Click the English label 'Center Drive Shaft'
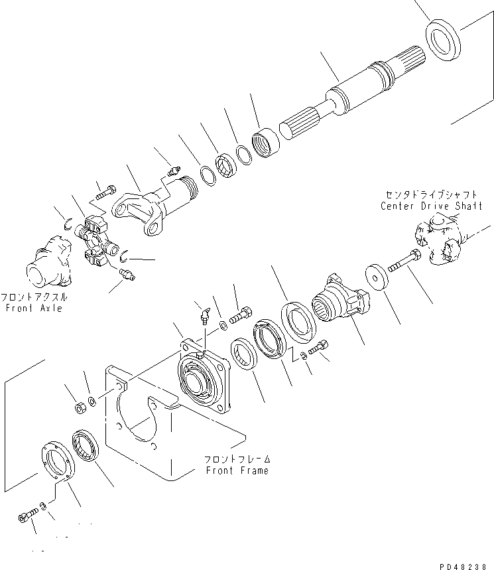coord(431,206)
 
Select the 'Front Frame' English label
coord(237,470)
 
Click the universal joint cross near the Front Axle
coord(92,242)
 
